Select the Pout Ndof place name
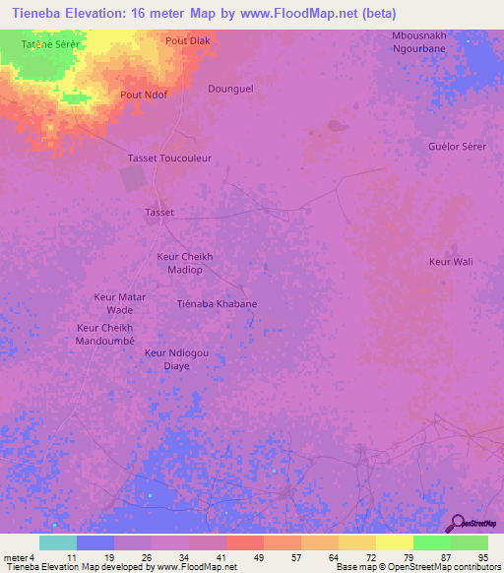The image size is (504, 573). [x=143, y=95]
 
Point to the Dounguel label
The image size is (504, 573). [x=231, y=88]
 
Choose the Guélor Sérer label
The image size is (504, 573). [x=458, y=146]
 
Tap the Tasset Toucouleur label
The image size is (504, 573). [x=170, y=158]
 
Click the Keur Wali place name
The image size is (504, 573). [x=451, y=261]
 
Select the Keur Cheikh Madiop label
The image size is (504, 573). [x=185, y=263]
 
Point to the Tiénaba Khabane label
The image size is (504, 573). [x=217, y=303]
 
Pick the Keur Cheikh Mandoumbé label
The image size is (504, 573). [x=104, y=334]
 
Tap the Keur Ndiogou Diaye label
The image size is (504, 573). [x=176, y=358]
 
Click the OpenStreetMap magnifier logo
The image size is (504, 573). [x=457, y=524]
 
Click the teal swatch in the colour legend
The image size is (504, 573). [x=58, y=542]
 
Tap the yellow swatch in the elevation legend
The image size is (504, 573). [x=395, y=542]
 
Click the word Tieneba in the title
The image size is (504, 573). [x=33, y=13]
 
